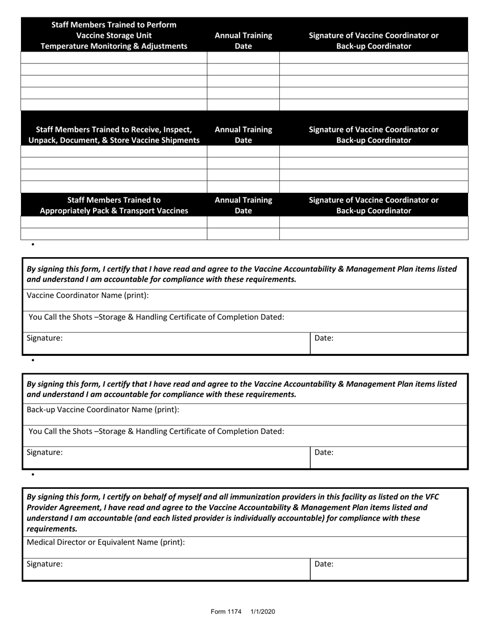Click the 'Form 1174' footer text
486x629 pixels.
(x=226, y=612)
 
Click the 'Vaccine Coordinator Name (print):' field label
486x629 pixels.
(x=87, y=296)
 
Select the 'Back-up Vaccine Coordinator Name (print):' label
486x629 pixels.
(x=103, y=410)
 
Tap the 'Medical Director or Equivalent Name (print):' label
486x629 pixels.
(x=105, y=542)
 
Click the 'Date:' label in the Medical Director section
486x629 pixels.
(x=324, y=564)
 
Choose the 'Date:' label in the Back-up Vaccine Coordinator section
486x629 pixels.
(x=324, y=452)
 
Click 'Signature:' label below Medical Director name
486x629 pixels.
(x=45, y=564)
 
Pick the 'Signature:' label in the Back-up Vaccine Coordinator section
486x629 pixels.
(x=45, y=452)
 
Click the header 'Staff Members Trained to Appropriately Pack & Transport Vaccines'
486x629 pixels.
(x=114, y=205)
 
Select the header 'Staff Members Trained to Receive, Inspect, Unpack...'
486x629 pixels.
(x=114, y=135)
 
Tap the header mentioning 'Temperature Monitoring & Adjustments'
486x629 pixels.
(x=114, y=35)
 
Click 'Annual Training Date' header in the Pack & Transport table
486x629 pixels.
(x=243, y=205)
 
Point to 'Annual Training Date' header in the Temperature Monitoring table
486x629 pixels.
(x=243, y=40)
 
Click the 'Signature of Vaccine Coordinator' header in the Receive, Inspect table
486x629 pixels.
(x=373, y=135)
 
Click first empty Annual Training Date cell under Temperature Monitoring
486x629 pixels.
(x=243, y=57)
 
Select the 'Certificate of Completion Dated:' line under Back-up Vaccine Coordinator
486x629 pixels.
(x=156, y=431)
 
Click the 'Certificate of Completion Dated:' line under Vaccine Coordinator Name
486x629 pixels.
(x=156, y=317)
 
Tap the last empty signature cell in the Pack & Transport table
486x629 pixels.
(x=373, y=234)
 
